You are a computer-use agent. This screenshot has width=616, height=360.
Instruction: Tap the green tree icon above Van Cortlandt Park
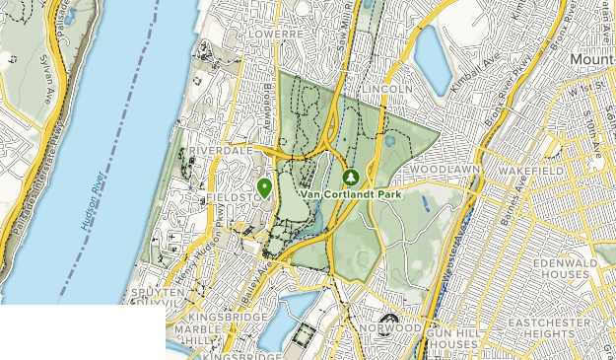pos(350,178)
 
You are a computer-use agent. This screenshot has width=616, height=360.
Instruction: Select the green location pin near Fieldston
pos(264,186)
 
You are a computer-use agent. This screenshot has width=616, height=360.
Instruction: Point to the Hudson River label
pos(97,179)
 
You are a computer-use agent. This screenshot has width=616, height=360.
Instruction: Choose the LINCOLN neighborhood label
pos(386,90)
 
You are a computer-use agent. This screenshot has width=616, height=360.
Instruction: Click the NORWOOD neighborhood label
pos(390,327)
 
